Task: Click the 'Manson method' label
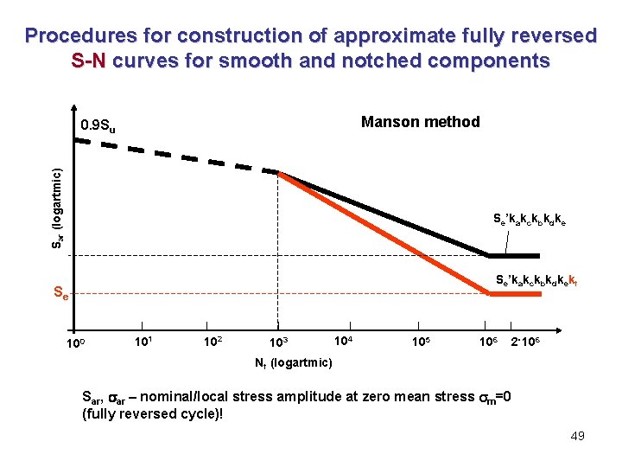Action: (x=420, y=122)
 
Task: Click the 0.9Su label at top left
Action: (x=98, y=127)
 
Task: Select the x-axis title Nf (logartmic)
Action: (x=293, y=362)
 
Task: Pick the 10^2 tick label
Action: (x=212, y=341)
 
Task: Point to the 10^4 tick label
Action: (x=343, y=340)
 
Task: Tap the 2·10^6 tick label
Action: (x=527, y=342)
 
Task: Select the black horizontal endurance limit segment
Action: (x=515, y=256)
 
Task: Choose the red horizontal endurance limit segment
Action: (x=515, y=295)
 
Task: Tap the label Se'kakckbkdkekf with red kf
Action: (x=529, y=280)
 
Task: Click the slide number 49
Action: (x=577, y=435)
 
